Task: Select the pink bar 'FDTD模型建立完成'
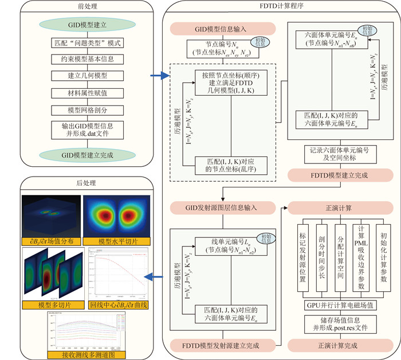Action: pos(335,174)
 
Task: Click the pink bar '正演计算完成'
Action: pos(335,346)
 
